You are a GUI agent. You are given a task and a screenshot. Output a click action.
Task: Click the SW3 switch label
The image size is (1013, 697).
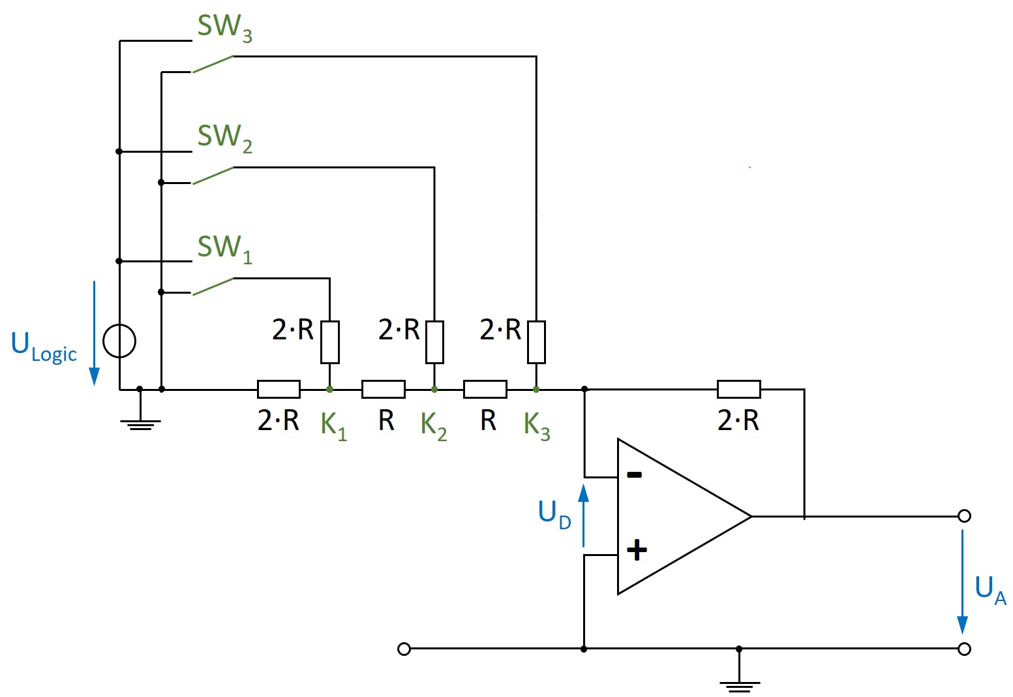[x=224, y=27]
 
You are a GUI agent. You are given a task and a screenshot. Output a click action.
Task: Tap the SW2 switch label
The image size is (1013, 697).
[x=224, y=138]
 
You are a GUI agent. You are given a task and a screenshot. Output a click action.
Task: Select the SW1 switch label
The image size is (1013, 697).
[x=224, y=248]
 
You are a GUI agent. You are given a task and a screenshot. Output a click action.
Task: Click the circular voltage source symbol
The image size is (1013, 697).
[x=120, y=341]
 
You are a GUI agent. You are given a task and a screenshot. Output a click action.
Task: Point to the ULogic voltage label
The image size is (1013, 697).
[x=44, y=346]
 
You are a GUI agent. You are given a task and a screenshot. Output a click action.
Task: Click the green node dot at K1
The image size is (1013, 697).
[x=329, y=390]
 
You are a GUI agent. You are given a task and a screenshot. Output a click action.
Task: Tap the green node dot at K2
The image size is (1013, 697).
[x=434, y=390]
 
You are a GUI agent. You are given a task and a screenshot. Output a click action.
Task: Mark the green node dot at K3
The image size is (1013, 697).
[x=536, y=390]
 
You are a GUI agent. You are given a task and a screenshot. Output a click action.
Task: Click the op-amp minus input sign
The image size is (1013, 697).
[x=634, y=475]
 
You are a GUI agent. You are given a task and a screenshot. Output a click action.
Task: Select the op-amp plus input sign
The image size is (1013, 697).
[x=637, y=550]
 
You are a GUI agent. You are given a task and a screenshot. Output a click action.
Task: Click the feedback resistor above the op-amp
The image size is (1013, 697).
[x=738, y=390]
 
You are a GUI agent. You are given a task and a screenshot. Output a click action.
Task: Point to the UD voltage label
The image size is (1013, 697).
[x=554, y=514]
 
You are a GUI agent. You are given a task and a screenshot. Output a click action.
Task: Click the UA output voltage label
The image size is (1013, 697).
[x=990, y=590]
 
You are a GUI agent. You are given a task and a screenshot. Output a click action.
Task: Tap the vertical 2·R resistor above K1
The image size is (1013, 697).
[x=329, y=342]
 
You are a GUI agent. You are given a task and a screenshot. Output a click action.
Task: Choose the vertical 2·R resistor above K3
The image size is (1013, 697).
[x=536, y=342]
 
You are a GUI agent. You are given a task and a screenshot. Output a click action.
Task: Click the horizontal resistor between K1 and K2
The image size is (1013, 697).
[x=384, y=390]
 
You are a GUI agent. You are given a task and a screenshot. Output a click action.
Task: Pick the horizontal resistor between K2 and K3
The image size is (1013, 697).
[x=485, y=390]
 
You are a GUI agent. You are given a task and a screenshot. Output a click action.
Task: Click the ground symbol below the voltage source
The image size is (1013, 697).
[x=140, y=423]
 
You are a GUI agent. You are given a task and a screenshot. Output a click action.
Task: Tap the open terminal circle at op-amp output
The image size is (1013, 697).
[x=965, y=516]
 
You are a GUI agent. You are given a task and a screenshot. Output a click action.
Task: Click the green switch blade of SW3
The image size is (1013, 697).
[x=213, y=64]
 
